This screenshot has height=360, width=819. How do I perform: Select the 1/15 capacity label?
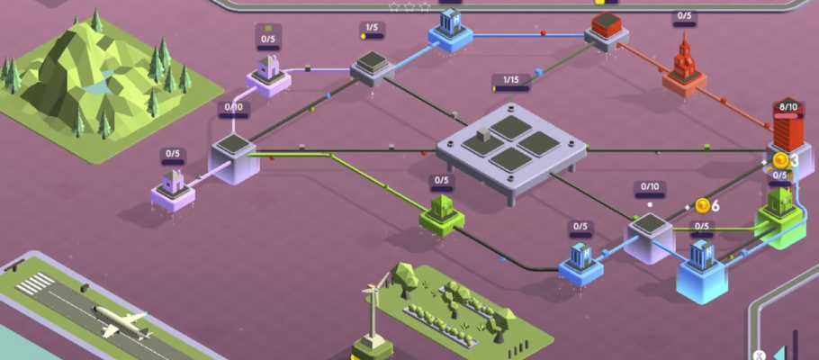(x=510, y=81)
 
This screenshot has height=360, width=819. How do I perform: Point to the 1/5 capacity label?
(x=371, y=29)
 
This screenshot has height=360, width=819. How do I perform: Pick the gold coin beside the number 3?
(x=780, y=160)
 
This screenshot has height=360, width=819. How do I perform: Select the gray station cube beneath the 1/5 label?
(x=372, y=67)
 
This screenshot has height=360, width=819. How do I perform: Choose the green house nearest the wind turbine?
(x=441, y=214)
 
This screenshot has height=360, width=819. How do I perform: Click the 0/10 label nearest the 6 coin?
(x=649, y=189)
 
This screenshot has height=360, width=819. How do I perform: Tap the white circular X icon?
(x=760, y=355)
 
